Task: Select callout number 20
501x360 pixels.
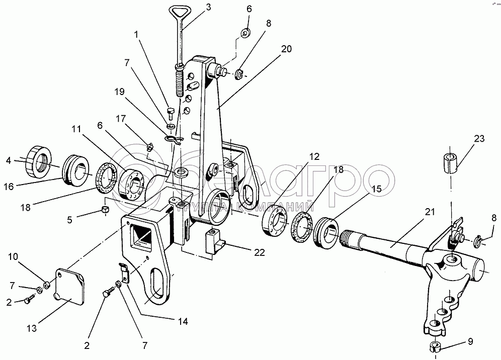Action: coord(286,49)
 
